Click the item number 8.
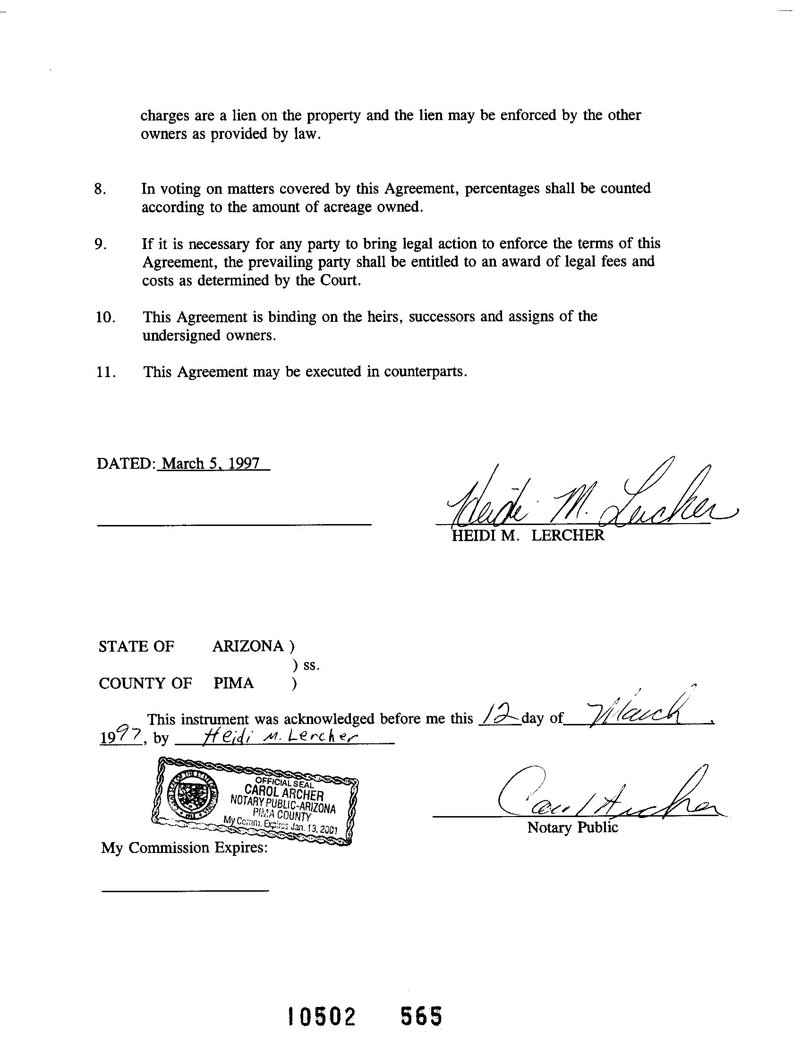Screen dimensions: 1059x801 point(100,189)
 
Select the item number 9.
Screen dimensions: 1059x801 point(100,245)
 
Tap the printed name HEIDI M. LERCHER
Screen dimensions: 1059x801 point(528,535)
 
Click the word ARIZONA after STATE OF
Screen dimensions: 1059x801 point(248,646)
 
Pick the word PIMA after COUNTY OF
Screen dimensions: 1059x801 point(233,683)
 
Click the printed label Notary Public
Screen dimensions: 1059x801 point(572,828)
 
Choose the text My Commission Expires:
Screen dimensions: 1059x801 point(184,848)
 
